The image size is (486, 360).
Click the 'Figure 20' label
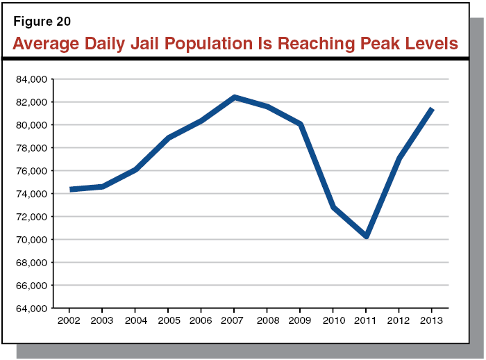42,21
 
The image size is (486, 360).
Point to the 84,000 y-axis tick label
30,79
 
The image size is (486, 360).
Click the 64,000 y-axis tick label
30,309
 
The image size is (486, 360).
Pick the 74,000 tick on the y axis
30,194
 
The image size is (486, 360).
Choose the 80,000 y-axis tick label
30,125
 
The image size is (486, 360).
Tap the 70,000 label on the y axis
30,240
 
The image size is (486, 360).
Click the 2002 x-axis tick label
69,322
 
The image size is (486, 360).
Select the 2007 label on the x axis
234,322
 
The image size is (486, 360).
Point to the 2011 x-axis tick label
366,322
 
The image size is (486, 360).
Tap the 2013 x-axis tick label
432,322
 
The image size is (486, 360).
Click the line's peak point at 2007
234,97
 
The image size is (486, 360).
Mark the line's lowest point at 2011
366,237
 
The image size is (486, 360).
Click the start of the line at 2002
70,189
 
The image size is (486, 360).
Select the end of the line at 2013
432,109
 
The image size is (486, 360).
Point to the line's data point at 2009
300,124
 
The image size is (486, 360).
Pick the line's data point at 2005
168,138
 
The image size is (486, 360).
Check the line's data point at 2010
333,207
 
